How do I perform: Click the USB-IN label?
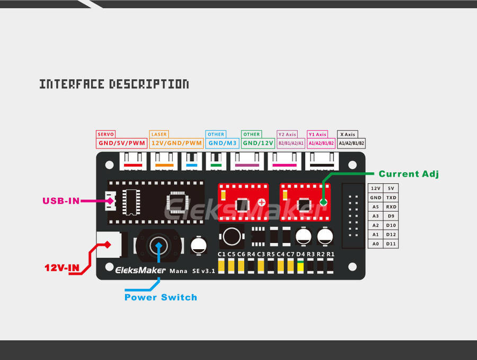[x=61, y=200]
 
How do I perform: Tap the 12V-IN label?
[x=61, y=268]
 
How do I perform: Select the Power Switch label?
[x=161, y=297]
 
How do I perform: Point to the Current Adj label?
[x=409, y=174]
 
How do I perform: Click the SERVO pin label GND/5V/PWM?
[x=122, y=143]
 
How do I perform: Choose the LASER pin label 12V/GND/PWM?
[x=176, y=143]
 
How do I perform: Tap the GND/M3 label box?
[x=222, y=143]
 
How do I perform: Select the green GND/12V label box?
[x=258, y=143]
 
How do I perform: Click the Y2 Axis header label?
[x=288, y=135]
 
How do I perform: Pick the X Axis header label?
[x=347, y=135]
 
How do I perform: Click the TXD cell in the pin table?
[x=391, y=198]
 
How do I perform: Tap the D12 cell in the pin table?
[x=391, y=234]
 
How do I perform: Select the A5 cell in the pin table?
[x=376, y=207]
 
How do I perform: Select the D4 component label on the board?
[x=301, y=254]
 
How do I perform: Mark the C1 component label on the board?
[x=222, y=254]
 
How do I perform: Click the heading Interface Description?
[x=114, y=84]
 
